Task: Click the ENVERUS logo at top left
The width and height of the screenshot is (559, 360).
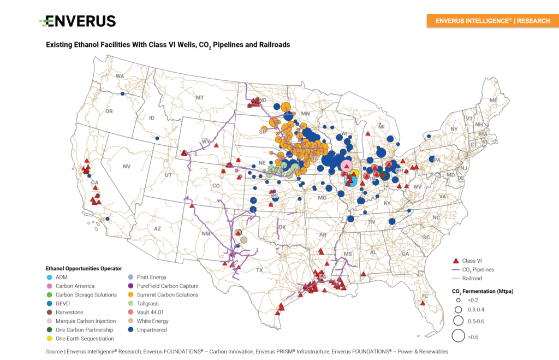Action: tap(78, 21)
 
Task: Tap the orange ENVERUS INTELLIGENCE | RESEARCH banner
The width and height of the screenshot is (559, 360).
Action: tap(492, 21)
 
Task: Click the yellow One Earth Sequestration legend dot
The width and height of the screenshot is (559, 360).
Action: tap(50, 339)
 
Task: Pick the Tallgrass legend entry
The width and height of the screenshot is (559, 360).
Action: tap(148, 304)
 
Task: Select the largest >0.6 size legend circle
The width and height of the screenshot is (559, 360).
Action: tap(458, 336)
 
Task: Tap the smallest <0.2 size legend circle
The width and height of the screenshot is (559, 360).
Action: tap(458, 300)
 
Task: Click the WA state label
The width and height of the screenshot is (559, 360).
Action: tap(120, 76)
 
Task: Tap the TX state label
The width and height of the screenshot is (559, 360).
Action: tap(259, 270)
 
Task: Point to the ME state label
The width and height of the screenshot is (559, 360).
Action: tap(493, 101)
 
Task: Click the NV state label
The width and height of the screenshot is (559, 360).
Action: tap(127, 166)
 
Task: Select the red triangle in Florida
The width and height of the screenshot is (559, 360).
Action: tap(422, 302)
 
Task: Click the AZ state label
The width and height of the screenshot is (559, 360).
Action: tap(157, 228)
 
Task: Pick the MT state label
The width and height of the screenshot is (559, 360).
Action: tap(199, 98)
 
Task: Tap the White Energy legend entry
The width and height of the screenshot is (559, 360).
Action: tap(152, 321)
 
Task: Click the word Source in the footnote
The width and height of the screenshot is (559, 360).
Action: tap(55, 352)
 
